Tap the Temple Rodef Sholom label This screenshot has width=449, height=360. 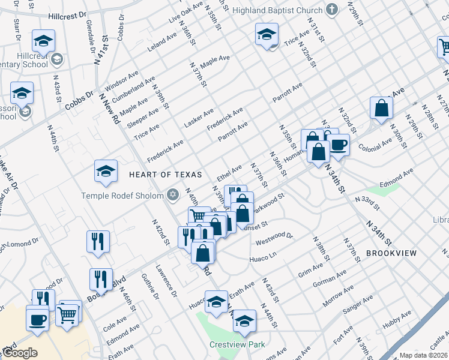[x=123, y=196]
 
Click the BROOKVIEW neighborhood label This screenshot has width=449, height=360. [x=391, y=253]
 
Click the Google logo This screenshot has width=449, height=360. [x=20, y=353]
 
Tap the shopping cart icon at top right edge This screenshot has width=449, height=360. [x=443, y=47]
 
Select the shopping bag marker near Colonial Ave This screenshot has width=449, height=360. [x=381, y=109]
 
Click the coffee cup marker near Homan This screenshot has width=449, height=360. [x=339, y=145]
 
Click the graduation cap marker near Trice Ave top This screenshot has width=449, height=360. [x=267, y=35]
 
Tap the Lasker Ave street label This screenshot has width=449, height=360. [x=199, y=117]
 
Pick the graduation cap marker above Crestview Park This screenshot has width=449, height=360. [x=216, y=302]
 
